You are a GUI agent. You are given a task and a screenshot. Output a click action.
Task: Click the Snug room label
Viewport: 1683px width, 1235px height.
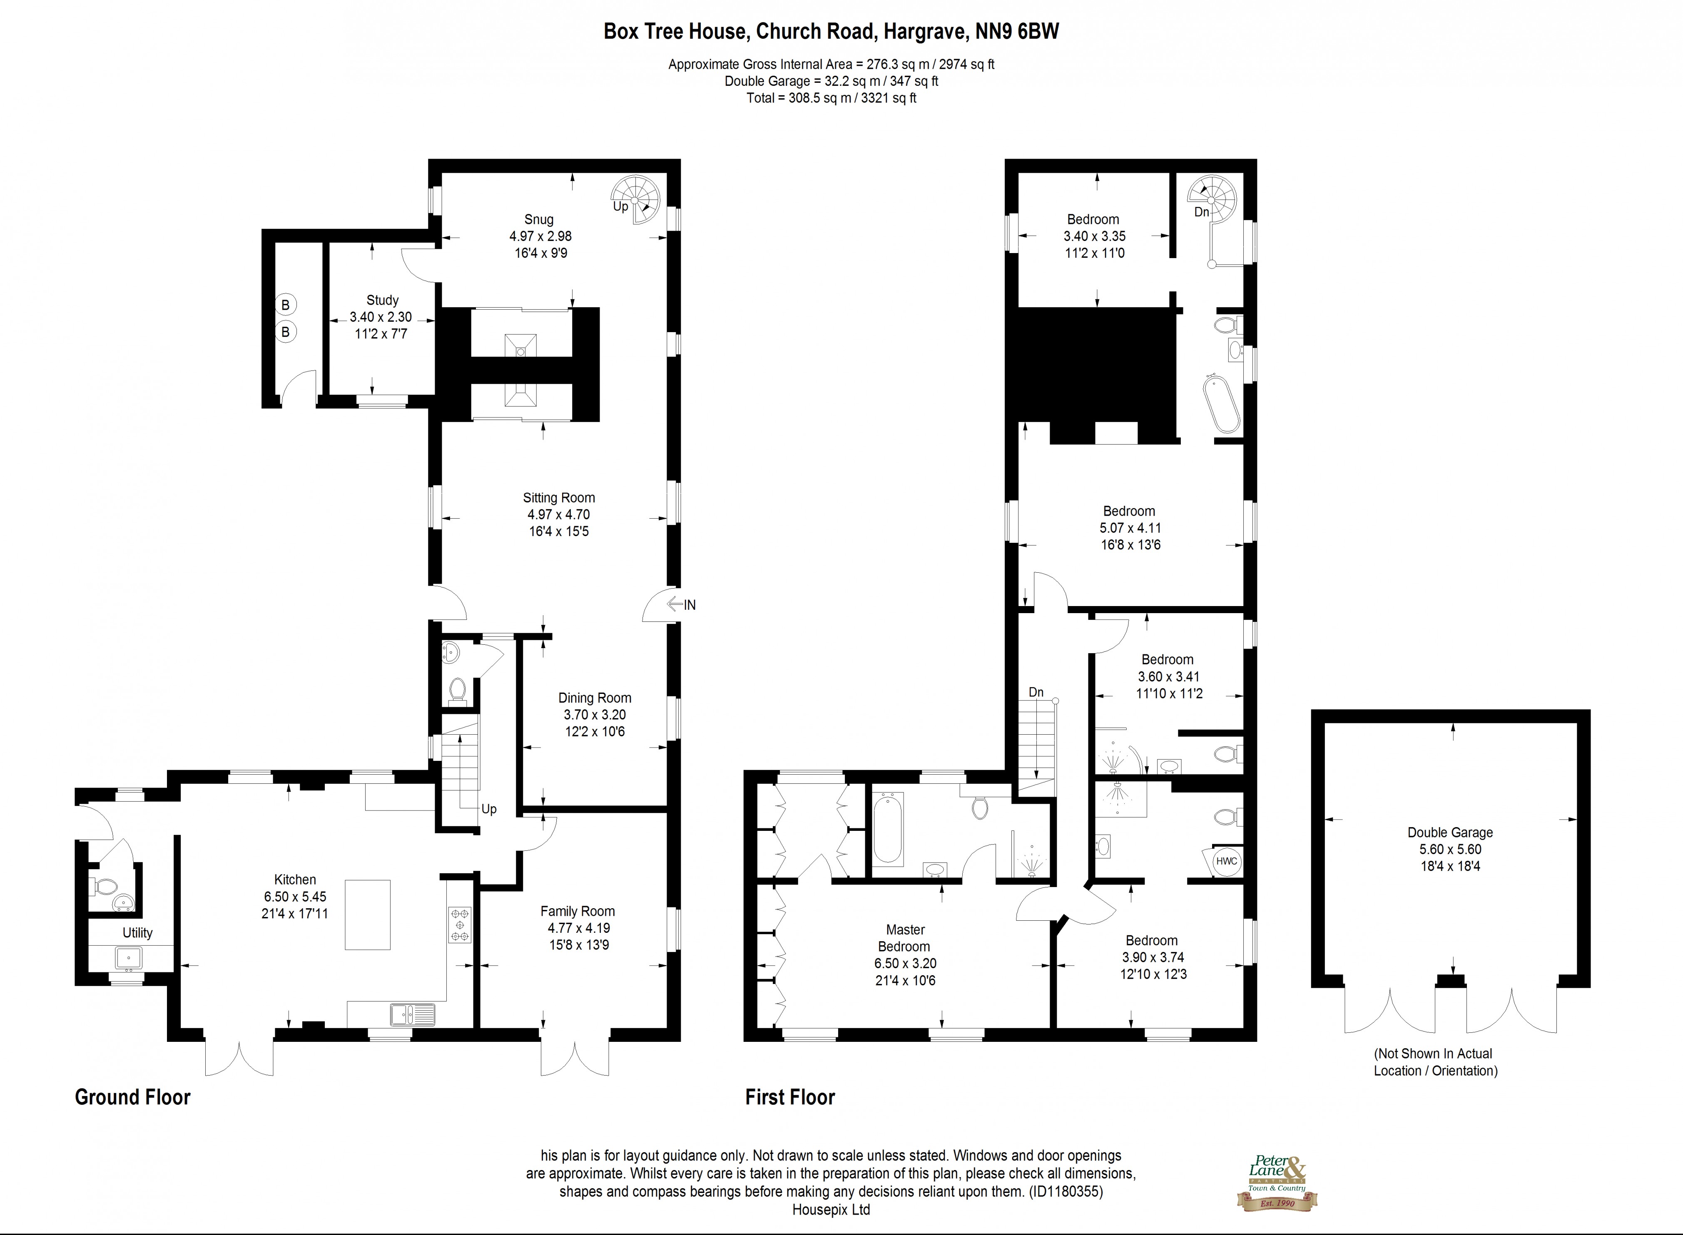pyautogui.click(x=538, y=219)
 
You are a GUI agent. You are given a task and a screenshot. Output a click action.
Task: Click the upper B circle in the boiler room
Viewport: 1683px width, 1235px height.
pyautogui.click(x=285, y=305)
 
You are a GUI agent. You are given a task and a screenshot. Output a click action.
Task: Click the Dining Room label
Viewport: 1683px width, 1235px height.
pyautogui.click(x=595, y=698)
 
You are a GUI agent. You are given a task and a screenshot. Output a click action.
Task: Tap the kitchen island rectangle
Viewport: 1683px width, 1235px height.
pyautogui.click(x=367, y=914)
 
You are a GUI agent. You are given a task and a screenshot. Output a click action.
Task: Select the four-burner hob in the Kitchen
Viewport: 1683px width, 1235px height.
pyautogui.click(x=459, y=925)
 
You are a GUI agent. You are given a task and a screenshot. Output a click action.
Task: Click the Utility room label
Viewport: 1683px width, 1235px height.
pyautogui.click(x=137, y=932)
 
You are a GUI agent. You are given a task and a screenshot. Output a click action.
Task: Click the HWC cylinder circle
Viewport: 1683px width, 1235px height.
pyautogui.click(x=1226, y=861)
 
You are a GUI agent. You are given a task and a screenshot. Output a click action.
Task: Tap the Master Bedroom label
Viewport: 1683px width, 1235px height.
pyautogui.click(x=905, y=937)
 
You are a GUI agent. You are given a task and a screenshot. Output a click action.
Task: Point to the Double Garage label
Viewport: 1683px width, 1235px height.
pyautogui.click(x=1450, y=832)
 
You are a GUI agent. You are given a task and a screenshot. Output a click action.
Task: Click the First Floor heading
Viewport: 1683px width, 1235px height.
pyautogui.click(x=789, y=1097)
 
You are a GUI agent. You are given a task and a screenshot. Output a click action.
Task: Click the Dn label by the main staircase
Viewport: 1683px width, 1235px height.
pyautogui.click(x=1036, y=692)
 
